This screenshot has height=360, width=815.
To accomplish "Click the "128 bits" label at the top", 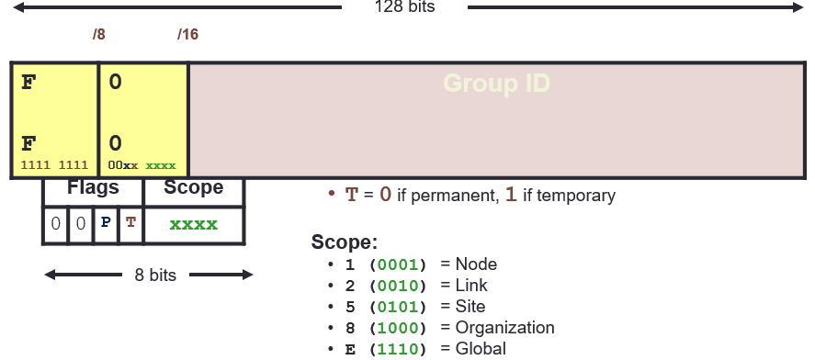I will (x=405, y=7).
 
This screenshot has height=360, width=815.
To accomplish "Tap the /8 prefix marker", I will (x=99, y=35).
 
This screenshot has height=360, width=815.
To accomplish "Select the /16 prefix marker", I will (x=187, y=35).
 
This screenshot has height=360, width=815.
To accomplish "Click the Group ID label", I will (x=497, y=84).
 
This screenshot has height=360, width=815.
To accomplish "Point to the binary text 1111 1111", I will (x=54, y=165).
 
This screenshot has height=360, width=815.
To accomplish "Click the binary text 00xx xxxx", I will (x=141, y=165).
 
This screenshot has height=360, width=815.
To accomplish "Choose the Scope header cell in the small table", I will (x=194, y=188).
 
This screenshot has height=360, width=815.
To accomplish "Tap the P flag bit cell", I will (x=107, y=224).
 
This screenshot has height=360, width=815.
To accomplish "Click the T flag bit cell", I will (x=130, y=224).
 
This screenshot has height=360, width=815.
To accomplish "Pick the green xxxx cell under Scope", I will (x=194, y=224).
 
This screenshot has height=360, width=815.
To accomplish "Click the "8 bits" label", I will (x=148, y=275).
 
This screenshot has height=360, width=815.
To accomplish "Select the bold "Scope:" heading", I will (x=345, y=242).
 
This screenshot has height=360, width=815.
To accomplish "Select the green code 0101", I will (x=398, y=307).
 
